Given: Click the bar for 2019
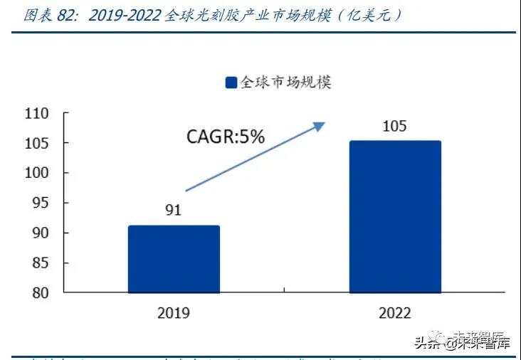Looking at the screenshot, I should (174, 259).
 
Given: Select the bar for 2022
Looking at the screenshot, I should (395, 216).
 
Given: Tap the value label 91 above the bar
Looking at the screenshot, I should (173, 211).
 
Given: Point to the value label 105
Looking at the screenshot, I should (394, 127).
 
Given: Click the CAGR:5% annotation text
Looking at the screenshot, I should (225, 137).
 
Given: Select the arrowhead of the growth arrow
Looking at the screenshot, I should (320, 126).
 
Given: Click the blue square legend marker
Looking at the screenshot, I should (231, 83).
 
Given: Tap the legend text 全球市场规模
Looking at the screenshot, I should (286, 82).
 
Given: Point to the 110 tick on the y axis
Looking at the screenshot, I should (36, 114).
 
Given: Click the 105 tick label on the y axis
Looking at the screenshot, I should (36, 144).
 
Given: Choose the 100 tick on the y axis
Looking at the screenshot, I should (36, 174).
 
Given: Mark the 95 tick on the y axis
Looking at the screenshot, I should (40, 203).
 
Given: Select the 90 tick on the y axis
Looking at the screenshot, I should (40, 233).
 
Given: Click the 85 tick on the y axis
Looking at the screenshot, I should (40, 263).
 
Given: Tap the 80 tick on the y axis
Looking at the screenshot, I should (40, 293).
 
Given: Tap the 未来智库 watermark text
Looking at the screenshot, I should (486, 345).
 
